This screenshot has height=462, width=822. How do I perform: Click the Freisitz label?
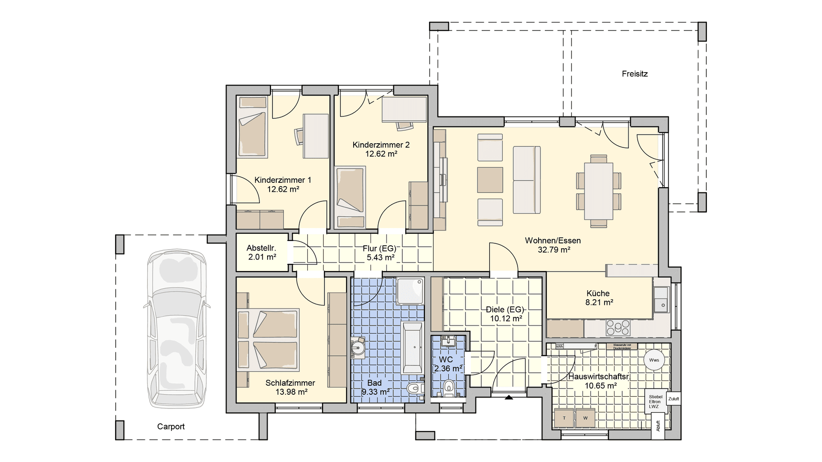(634, 74)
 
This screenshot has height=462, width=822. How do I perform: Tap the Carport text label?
(171, 427)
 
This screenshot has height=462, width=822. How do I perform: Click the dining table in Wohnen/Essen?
(598, 191)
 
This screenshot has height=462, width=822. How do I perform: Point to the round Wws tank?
(654, 360)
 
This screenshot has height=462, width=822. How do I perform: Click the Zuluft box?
(673, 399)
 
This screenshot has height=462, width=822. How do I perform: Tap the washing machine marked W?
(585, 418)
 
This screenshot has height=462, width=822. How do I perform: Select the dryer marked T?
(564, 418)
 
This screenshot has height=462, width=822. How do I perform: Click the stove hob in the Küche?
(618, 327)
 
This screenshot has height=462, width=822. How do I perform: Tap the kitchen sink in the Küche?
(661, 299)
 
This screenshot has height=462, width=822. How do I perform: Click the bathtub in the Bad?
(412, 348)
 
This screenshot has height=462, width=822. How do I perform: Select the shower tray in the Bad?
(410, 291)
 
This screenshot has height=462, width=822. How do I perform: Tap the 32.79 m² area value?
(553, 250)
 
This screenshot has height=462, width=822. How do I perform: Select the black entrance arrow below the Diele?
(508, 397)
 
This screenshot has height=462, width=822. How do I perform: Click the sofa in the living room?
(526, 179)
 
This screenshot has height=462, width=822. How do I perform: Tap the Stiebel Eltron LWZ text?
(655, 401)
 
